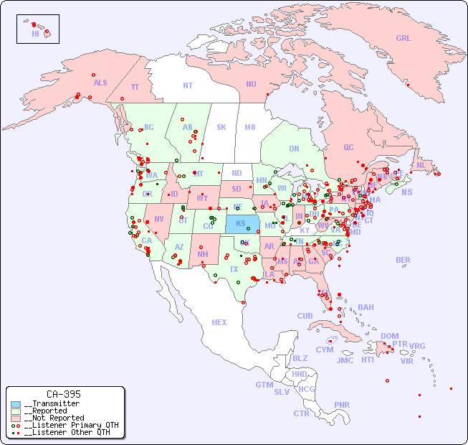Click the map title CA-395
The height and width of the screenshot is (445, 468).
pos(64,394)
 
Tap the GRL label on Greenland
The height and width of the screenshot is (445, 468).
pos(403,39)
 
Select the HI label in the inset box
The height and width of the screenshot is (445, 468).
pos(35,34)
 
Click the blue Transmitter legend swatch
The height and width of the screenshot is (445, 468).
pos(16,404)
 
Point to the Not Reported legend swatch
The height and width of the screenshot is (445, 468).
pos(16,418)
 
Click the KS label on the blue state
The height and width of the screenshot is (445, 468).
pos(241,223)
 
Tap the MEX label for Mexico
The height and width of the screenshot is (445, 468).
pos(219,322)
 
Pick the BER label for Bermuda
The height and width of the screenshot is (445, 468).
pos(403,260)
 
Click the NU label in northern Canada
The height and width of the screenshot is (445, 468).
pos(251,84)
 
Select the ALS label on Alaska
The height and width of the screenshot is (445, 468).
pos(100,83)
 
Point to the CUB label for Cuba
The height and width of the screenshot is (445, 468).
pos(305,316)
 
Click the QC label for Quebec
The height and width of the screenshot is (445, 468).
pos(348,147)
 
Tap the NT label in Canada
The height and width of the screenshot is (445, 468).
pos(187,85)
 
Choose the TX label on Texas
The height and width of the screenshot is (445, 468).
pos(234,269)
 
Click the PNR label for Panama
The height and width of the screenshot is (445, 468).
pos(342,405)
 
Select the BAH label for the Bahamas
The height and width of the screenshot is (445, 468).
pos(366,307)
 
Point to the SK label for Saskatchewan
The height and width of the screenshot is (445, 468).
pos(221,127)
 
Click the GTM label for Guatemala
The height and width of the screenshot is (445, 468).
pos(264,385)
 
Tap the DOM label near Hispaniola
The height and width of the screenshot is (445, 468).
pos(389,336)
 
